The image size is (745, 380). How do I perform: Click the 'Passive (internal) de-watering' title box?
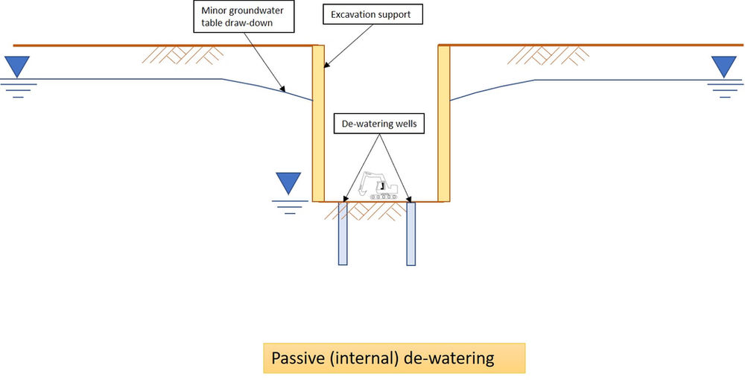tap(394, 358)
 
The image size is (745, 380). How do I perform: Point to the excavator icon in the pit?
tap(379, 186)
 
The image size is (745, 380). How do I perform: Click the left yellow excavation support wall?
tap(318, 123)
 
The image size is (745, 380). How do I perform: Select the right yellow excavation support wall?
tap(444, 123)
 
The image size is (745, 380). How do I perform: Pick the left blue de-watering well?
tap(343, 233)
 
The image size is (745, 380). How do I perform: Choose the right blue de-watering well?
tap(410, 233)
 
